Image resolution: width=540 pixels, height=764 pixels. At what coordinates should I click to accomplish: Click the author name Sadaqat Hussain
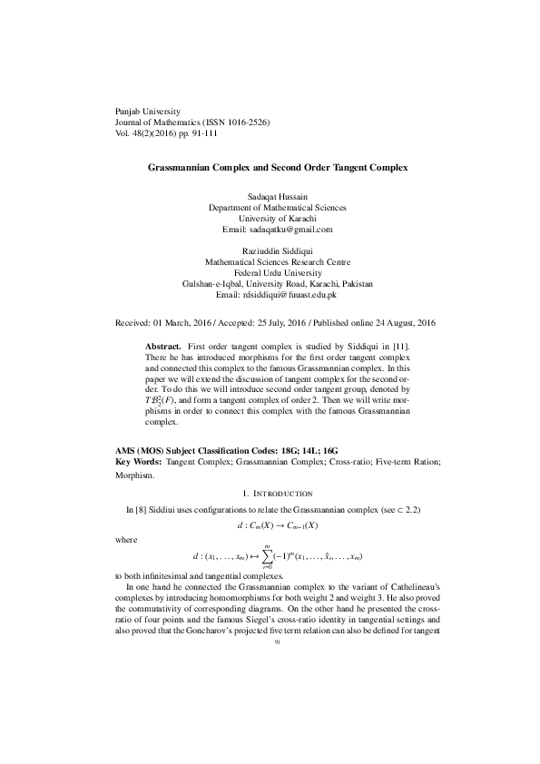point(270,196)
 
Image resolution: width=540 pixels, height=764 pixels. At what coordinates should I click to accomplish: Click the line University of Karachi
point(270,218)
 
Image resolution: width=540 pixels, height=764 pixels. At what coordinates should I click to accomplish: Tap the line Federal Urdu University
point(270,272)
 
